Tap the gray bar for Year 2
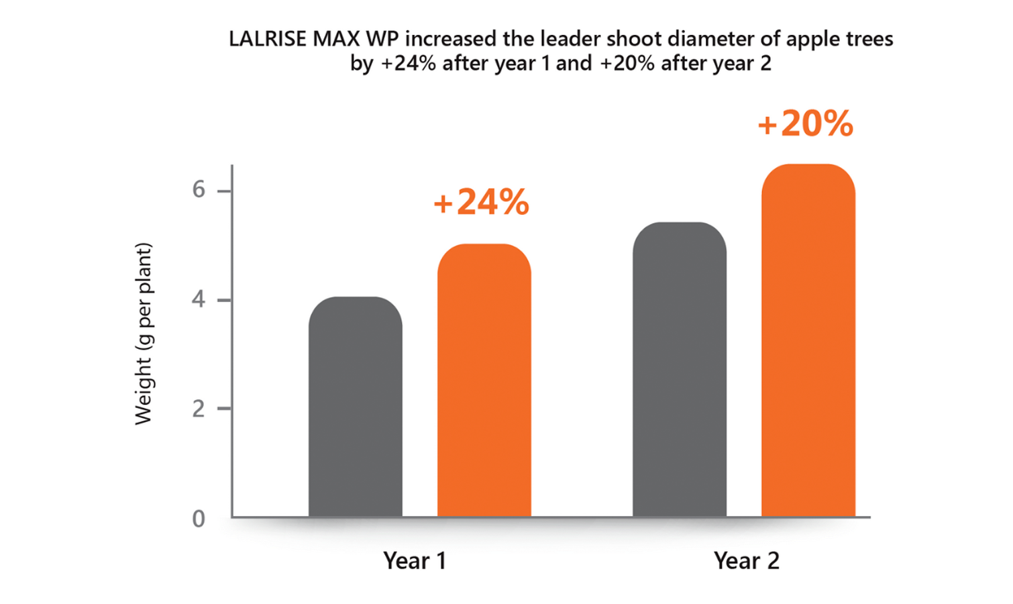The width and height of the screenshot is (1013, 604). [x=680, y=369]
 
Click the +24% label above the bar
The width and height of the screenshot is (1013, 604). [x=482, y=202]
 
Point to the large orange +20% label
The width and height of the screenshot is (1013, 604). [x=805, y=124]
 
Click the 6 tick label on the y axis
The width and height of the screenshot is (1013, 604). [x=199, y=190]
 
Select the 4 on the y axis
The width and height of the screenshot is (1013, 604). [x=199, y=299]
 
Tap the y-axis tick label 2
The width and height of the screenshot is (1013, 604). [x=199, y=409]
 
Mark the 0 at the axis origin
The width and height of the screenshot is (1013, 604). [x=199, y=519]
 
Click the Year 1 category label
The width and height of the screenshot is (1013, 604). [x=415, y=560]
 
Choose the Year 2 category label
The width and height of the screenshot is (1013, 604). [x=746, y=560]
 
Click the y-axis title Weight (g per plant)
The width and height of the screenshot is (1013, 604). [x=144, y=334]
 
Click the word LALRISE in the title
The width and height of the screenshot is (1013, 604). [x=267, y=39]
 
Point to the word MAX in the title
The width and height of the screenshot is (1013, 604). [x=337, y=39]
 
